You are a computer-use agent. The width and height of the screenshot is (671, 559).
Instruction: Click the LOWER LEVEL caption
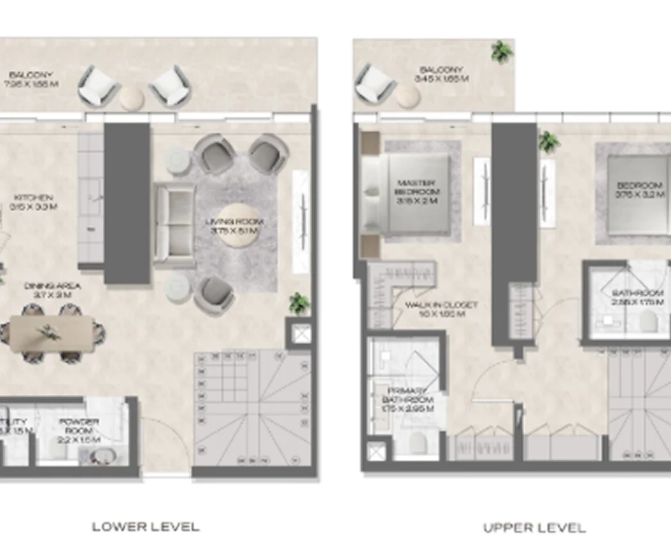click(x=146, y=526)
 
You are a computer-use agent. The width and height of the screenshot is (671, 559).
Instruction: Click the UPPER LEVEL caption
click(x=534, y=528)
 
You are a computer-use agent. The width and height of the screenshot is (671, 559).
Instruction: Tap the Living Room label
click(x=235, y=226)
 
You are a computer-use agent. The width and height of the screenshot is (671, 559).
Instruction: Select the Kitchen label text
click(x=36, y=202)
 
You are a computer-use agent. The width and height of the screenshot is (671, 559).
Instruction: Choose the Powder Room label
click(x=79, y=426)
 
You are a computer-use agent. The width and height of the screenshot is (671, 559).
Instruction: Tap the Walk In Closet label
click(x=441, y=309)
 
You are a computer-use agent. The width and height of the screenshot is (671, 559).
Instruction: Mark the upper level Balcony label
click(x=441, y=74)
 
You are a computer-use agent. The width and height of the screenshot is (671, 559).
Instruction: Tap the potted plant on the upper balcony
click(x=502, y=51)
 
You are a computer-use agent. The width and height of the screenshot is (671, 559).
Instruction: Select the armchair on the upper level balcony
click(x=375, y=83)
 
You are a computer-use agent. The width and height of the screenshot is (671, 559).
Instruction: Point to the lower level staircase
click(x=252, y=408)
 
